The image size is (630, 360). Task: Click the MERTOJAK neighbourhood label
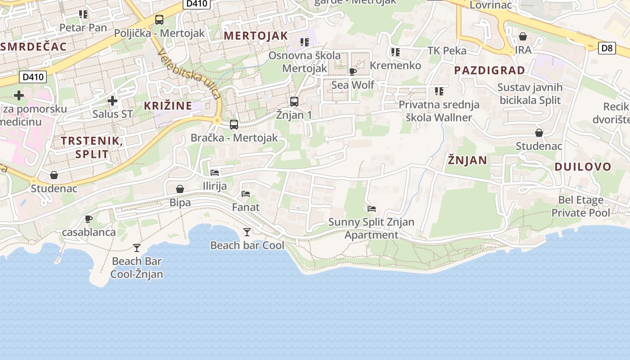[x=256, y=36]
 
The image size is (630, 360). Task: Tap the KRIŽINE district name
[x=168, y=106]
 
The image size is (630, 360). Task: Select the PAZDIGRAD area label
[x=490, y=70]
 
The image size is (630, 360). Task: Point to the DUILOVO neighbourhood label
[x=583, y=167]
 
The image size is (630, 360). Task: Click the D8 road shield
[x=607, y=48]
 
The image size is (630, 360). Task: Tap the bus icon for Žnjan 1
[x=294, y=102]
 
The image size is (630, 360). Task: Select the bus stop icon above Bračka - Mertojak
[x=234, y=125]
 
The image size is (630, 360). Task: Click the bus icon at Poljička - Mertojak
[x=159, y=20]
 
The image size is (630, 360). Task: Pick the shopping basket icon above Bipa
[x=180, y=189]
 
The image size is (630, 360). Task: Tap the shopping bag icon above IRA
[x=523, y=36]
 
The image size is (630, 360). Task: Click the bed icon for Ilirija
[x=215, y=172]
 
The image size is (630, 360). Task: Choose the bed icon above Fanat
[x=246, y=194]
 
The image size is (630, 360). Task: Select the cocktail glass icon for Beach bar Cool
[x=247, y=232]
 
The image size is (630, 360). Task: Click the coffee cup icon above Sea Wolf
[x=353, y=72]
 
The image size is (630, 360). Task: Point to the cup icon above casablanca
[x=89, y=219]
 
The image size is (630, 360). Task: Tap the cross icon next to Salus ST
[x=112, y=101]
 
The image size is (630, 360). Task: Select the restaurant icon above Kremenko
[x=396, y=52]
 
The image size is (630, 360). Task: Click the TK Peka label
[x=447, y=50]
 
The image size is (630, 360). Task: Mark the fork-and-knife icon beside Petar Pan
[x=83, y=14]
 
